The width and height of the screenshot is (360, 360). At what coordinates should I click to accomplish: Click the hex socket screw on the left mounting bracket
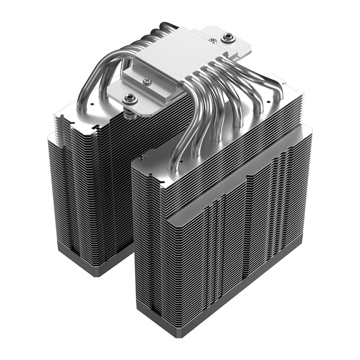130,98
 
